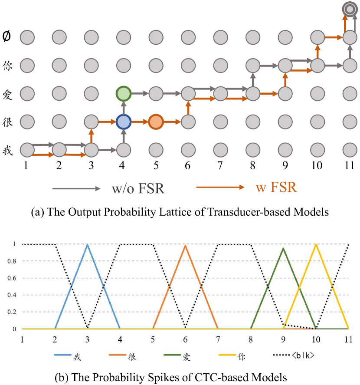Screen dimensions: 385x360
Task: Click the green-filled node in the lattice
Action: point(124,93)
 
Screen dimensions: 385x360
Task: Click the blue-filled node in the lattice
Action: point(124,122)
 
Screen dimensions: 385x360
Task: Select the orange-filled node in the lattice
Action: point(155,122)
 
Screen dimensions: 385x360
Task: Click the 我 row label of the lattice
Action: point(7,150)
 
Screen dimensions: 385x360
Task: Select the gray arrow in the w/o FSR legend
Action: point(76,188)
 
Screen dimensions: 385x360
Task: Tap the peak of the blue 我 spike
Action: point(88,245)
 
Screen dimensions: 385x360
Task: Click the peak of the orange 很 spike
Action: point(186,246)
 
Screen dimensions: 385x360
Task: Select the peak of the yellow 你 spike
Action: point(316,245)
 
